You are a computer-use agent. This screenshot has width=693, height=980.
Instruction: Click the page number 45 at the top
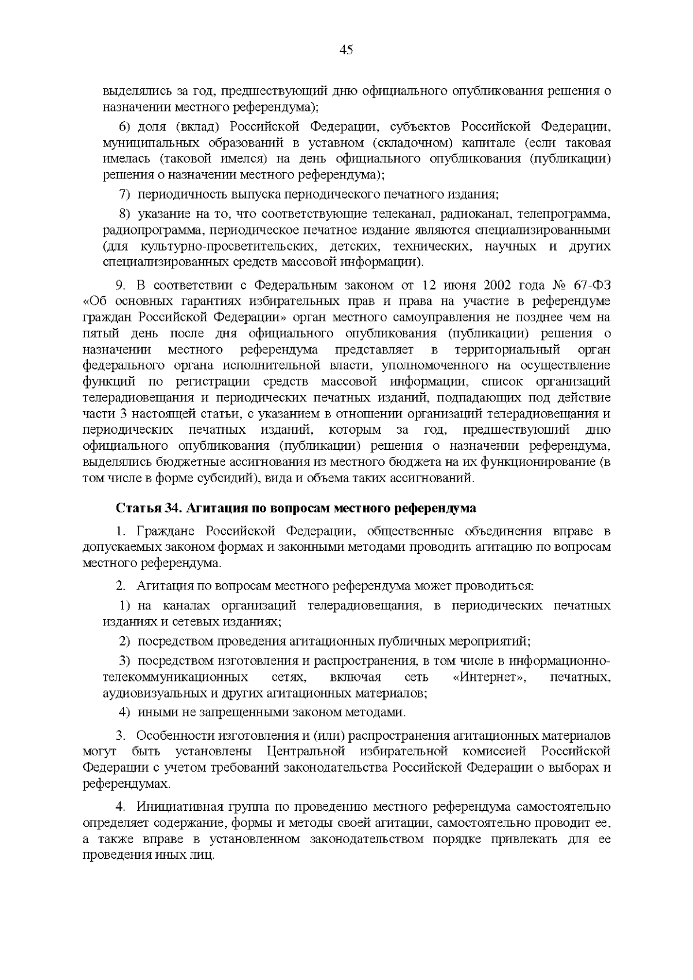click(x=346, y=50)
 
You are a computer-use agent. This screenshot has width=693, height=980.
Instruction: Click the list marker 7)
click(x=126, y=194)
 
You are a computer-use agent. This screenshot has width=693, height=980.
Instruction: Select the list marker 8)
click(x=126, y=215)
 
